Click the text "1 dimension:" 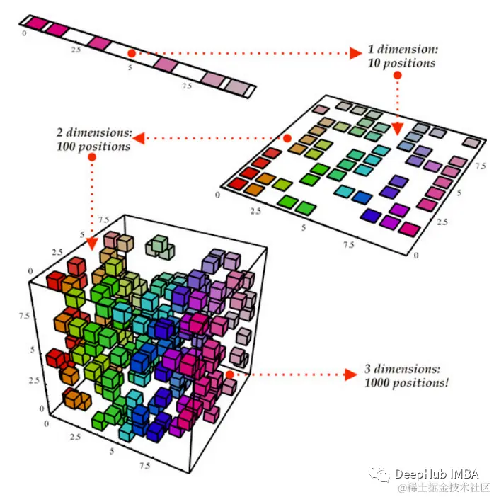pyautogui.click(x=403, y=49)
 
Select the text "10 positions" pyautogui.click(x=401, y=63)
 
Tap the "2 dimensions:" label pyautogui.click(x=94, y=132)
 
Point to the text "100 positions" pyautogui.click(x=93, y=147)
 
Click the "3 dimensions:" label pyautogui.click(x=402, y=369)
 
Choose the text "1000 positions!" pyautogui.click(x=406, y=383)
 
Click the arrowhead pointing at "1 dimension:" pyautogui.click(x=356, y=53)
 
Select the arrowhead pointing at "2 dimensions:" pyautogui.click(x=139, y=138)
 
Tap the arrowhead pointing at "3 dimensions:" pyautogui.click(x=351, y=375)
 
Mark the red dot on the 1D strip pyautogui.click(x=132, y=53)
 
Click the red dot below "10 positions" pyautogui.click(x=397, y=75)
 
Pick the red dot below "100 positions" pyautogui.click(x=92, y=157)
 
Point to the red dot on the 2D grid pyautogui.click(x=287, y=138)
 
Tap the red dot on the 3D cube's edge pyautogui.click(x=230, y=375)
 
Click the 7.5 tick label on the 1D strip pyautogui.click(x=187, y=86)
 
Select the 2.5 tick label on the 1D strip pyautogui.click(x=76, y=50)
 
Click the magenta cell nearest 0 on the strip pyautogui.click(x=37, y=23)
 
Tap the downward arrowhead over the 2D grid pyautogui.click(x=397, y=130)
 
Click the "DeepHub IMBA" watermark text pyautogui.click(x=437, y=474)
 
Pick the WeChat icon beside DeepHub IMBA pyautogui.click(x=379, y=474)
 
